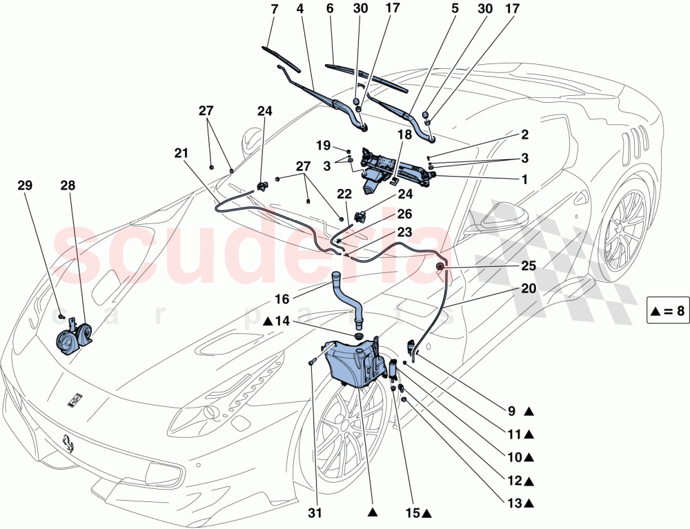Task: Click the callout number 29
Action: tap(25, 186)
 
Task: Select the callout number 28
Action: tap(68, 186)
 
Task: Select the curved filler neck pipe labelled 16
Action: tap(349, 298)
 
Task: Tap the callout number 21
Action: tap(181, 154)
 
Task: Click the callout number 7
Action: tap(274, 9)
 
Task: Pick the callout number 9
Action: tap(511, 412)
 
